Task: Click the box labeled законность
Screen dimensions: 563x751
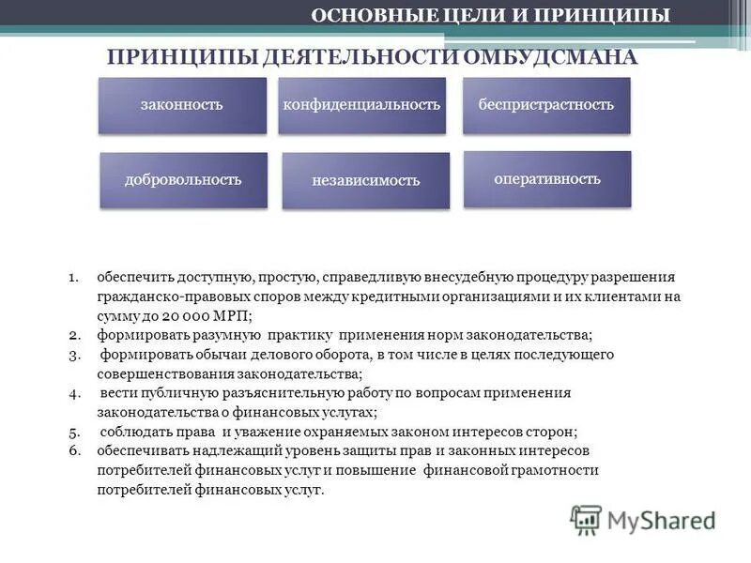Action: [181, 105]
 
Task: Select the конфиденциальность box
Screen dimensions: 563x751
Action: [361, 105]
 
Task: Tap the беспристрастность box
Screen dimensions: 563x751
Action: [546, 105]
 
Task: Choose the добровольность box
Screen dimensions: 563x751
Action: [183, 180]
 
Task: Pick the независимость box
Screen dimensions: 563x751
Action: [365, 180]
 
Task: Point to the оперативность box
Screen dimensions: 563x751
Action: [547, 178]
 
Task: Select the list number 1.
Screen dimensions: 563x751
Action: [72, 278]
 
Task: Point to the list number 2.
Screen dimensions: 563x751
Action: [72, 335]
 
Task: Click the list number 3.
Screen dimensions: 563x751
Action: [72, 355]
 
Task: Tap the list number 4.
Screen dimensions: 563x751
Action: [72, 393]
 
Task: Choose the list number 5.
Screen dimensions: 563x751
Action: [72, 432]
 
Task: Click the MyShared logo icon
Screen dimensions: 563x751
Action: [586, 519]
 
